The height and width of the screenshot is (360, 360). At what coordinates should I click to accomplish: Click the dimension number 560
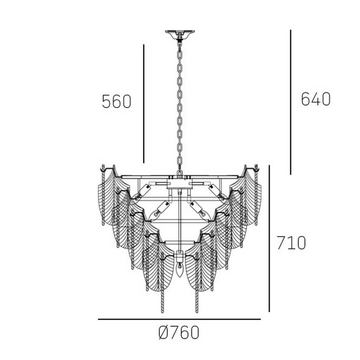click(x=117, y=102)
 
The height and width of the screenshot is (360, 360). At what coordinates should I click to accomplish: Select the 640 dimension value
click(x=315, y=99)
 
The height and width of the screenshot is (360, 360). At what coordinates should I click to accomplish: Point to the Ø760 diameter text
click(x=179, y=332)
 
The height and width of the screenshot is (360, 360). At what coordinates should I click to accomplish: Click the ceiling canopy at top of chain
click(x=180, y=34)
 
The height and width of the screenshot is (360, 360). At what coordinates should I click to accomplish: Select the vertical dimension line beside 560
click(x=144, y=103)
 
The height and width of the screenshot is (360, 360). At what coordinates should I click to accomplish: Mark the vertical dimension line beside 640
click(x=290, y=102)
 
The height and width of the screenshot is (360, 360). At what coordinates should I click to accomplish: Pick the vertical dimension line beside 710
click(x=269, y=238)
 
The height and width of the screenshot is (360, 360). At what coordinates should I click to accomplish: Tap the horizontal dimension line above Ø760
click(x=179, y=319)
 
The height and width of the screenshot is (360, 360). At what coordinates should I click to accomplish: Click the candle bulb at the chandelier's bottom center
click(x=180, y=271)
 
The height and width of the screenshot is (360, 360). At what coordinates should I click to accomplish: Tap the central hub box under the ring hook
click(x=180, y=183)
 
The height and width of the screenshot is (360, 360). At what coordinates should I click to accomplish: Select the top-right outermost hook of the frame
click(x=257, y=168)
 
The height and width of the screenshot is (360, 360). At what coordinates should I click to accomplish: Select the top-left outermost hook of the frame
click(x=103, y=168)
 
